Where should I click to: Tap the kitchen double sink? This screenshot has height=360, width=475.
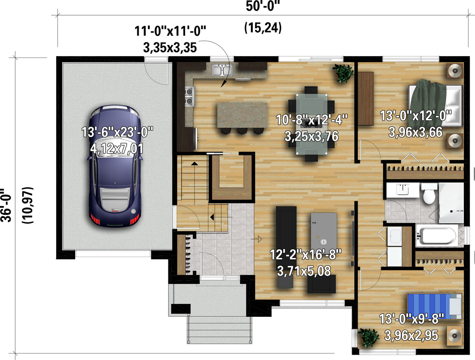pos(222,71)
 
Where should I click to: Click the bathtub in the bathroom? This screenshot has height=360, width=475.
pos(436,236)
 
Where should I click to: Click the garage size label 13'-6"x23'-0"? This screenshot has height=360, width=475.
pos(117,132)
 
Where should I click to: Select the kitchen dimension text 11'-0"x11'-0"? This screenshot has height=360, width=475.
pos(170,31)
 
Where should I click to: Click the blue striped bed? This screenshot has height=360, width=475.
pos(434,307)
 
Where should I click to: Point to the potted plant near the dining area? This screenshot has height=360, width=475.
pos(343,73)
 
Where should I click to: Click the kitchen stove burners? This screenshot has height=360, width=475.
pos(189,96)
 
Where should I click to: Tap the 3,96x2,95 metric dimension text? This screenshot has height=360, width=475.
pos(411,335)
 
